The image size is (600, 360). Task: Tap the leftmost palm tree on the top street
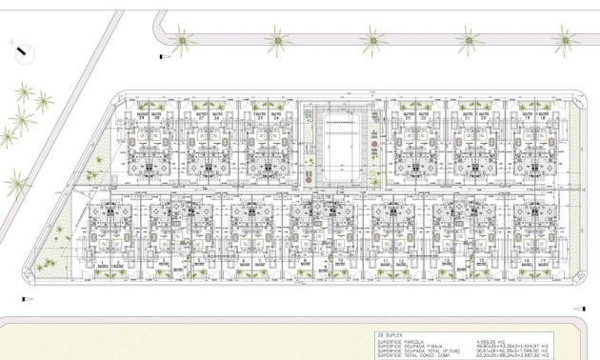pos(181,39)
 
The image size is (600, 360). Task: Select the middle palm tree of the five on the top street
pos(373,40)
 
